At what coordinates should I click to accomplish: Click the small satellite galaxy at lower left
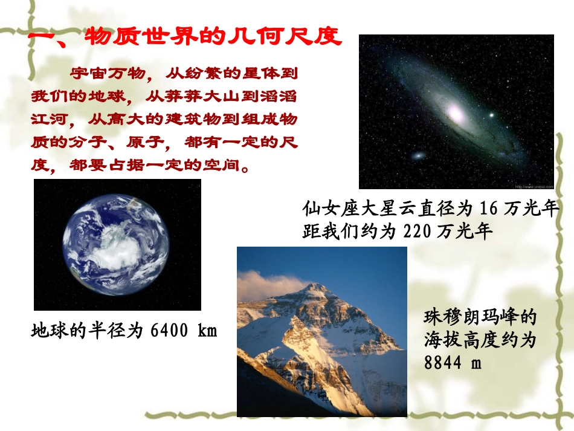pos(418,156)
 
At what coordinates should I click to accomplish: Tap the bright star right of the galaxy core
pos(491,115)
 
